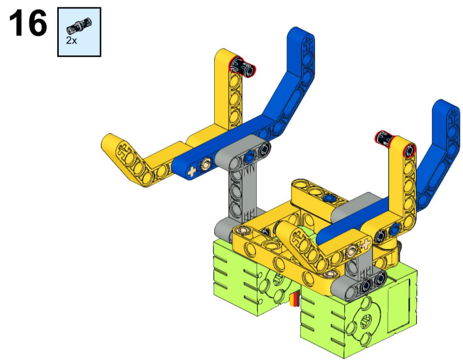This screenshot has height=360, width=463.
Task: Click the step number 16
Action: [x=28, y=23]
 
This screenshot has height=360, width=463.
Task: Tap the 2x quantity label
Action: [x=71, y=40]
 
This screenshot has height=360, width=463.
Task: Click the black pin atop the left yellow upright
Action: [x=243, y=66]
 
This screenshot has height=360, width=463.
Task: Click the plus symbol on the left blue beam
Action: [x=192, y=171]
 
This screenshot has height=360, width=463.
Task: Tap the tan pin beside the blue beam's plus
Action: [x=206, y=162]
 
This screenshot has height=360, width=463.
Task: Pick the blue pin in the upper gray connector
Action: [x=250, y=154]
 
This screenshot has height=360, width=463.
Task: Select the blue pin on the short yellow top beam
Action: [x=329, y=198]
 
